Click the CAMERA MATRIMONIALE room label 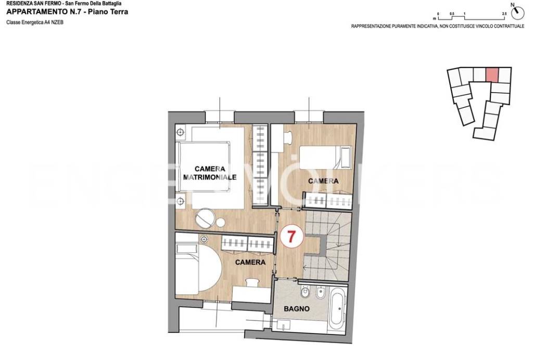pyautogui.click(x=210, y=173)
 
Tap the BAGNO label pyautogui.click(x=296, y=308)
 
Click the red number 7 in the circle pyautogui.click(x=291, y=236)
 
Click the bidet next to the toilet pyautogui.click(x=320, y=292)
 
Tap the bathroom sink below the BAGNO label pyautogui.click(x=283, y=326)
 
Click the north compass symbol pyautogui.click(x=518, y=12)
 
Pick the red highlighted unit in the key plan pyautogui.click(x=492, y=75)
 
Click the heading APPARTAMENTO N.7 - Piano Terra pyautogui.click(x=67, y=12)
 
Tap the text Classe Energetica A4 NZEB pyautogui.click(x=35, y=22)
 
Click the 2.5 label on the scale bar pyautogui.click(x=504, y=14)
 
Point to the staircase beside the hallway pyautogui.click(x=327, y=245)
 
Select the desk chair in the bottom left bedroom pyautogui.click(x=252, y=283)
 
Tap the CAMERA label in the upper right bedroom pyautogui.click(x=323, y=181)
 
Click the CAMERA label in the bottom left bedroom pyautogui.click(x=250, y=262)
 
